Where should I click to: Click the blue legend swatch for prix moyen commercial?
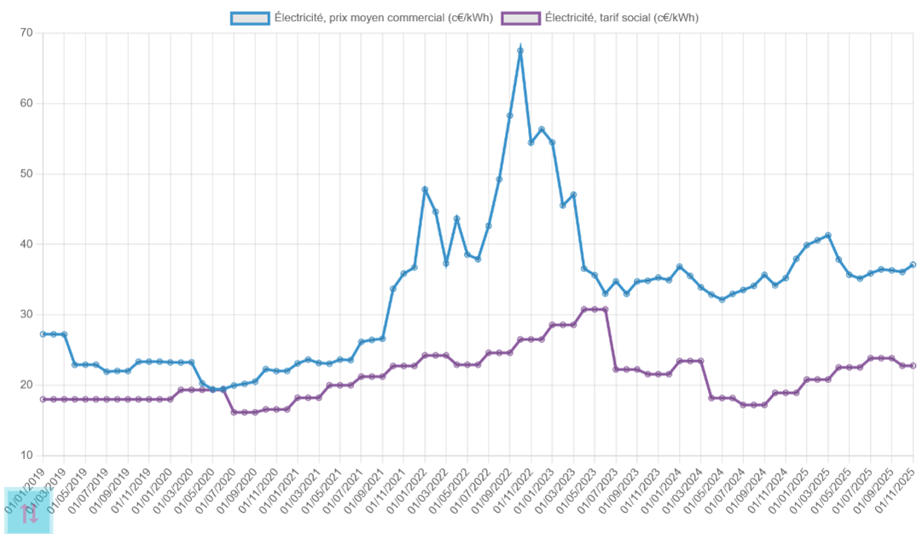[x=250, y=18]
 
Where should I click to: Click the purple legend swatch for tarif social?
[x=521, y=18]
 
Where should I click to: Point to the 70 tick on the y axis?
[x=26, y=33]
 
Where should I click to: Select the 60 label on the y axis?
[x=26, y=104]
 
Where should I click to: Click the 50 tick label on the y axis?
[x=26, y=174]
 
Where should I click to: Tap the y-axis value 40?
[x=26, y=244]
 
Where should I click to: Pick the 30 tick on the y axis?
[x=26, y=315]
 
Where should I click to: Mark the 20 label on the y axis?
[x=26, y=385]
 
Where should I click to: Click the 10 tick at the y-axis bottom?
[x=26, y=455]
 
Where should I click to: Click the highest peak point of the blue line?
[x=520, y=50]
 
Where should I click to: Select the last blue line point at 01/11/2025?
[x=913, y=264]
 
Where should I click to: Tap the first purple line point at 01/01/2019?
[x=43, y=399]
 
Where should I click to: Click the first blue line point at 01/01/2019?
[x=43, y=334]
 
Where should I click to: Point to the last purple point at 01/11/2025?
[x=913, y=365]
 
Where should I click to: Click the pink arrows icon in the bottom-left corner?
[x=29, y=512]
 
